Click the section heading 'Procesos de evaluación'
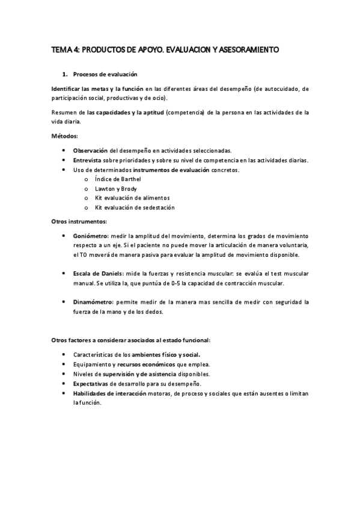click(105, 75)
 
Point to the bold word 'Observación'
click(90, 150)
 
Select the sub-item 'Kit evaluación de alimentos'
click(132, 197)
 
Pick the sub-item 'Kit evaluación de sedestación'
click(135, 207)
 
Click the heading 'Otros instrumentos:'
click(79, 221)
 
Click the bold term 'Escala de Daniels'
click(99, 274)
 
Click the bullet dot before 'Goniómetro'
click(64, 236)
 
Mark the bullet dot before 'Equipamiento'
click(64, 364)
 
